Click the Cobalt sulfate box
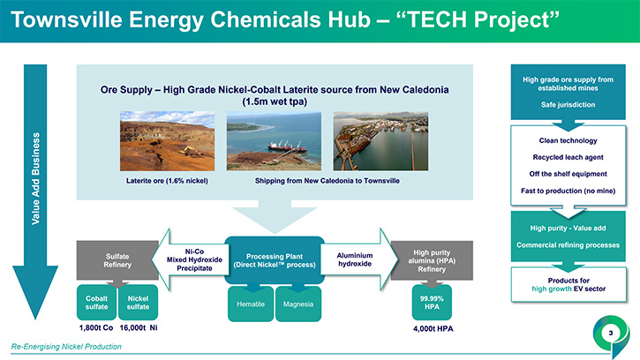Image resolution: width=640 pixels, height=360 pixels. (x=97, y=303)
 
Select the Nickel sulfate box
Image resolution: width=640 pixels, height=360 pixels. (x=138, y=303)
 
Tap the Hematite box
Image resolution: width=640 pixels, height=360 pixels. (x=251, y=304)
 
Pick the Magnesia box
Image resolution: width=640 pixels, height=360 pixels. (x=298, y=304)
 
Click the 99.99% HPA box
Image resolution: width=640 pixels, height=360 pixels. (x=432, y=303)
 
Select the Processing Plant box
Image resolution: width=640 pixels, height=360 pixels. (x=275, y=260)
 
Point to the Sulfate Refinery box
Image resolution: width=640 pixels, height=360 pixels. (x=117, y=260)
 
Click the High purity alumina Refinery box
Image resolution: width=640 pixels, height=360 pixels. (x=432, y=260)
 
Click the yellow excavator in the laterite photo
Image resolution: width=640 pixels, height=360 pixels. (x=190, y=151)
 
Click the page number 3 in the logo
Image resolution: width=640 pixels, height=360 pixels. (x=611, y=333)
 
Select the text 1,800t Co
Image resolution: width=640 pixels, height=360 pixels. (x=96, y=327)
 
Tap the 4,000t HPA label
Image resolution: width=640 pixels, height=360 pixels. (x=433, y=328)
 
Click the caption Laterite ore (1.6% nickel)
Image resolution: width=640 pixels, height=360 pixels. (x=167, y=180)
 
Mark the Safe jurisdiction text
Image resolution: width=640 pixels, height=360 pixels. (x=568, y=105)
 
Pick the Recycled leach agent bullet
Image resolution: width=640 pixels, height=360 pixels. (x=568, y=157)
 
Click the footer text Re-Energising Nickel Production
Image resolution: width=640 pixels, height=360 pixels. (x=66, y=347)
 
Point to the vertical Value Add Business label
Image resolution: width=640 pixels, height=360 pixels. (x=36, y=178)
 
